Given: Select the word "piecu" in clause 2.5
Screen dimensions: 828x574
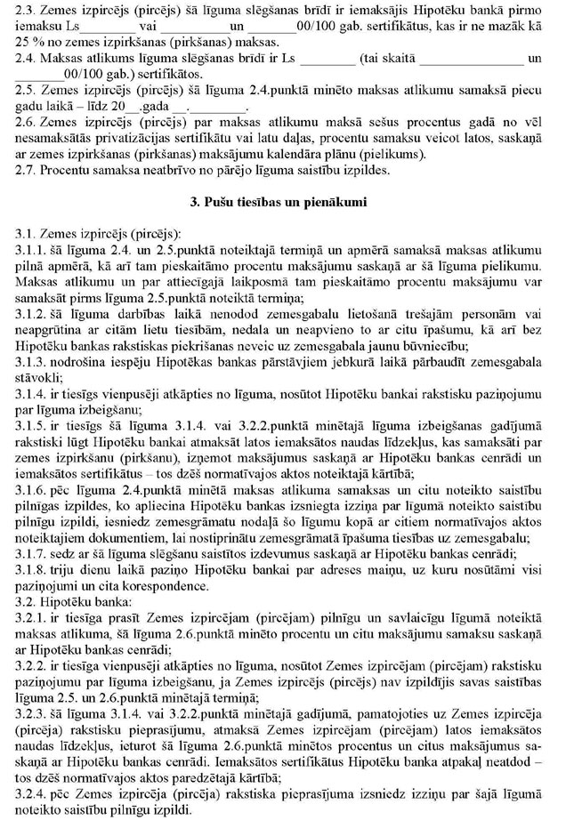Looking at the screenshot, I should tap(528, 88).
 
